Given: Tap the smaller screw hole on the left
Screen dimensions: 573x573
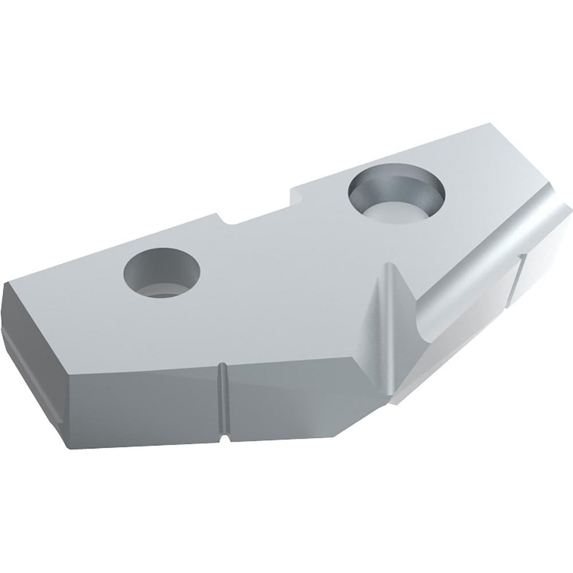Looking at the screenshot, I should coord(163,272).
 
